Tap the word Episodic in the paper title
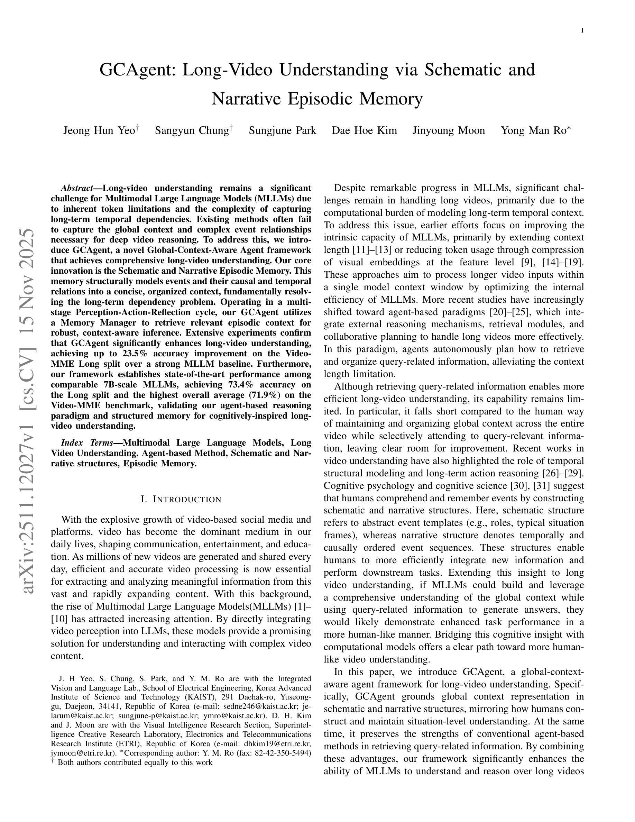click(322, 99)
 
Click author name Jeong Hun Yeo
click(99, 131)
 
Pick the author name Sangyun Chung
click(192, 131)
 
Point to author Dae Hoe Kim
click(364, 131)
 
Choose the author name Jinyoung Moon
click(449, 131)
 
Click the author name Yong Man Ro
click(533, 131)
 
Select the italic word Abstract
click(77, 188)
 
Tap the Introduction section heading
click(181, 500)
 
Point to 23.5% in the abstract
click(134, 354)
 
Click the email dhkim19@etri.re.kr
click(277, 744)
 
